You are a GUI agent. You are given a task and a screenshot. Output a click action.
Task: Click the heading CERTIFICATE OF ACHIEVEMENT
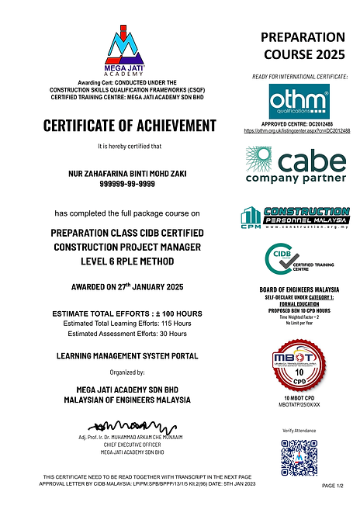pos(130,126)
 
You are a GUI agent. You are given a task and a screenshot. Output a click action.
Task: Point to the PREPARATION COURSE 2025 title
pos(303,47)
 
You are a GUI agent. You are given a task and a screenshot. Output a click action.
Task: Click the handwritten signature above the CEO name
pos(124,425)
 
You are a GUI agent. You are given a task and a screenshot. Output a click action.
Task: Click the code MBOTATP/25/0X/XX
pos(299,404)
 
